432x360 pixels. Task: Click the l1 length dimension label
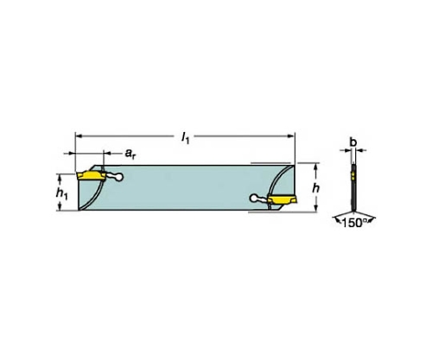tap(185, 139)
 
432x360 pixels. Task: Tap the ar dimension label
tap(130, 154)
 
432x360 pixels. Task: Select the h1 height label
tap(61, 193)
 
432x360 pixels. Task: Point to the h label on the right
tap(316, 188)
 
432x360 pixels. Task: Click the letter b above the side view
tap(353, 142)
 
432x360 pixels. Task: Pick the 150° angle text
tap(354, 223)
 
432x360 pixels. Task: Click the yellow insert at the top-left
tap(91, 175)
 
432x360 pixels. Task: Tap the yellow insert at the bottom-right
tap(282, 199)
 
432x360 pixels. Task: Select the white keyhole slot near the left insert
tap(115, 177)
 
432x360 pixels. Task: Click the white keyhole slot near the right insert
tap(259, 199)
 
